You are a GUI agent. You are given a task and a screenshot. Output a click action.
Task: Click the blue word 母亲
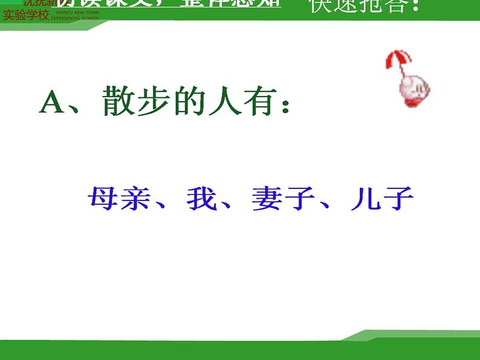click(117, 199)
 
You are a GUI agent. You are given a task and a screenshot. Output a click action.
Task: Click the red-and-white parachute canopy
click(397, 61)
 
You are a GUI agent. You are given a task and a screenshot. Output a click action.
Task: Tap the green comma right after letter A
click(79, 109)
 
